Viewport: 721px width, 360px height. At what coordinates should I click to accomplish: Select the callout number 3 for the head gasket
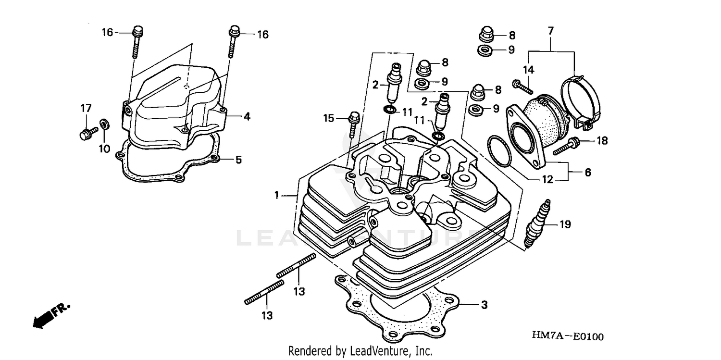tap(485, 305)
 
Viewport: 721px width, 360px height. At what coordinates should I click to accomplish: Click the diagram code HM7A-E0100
tap(567, 336)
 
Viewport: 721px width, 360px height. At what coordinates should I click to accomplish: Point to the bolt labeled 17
tap(86, 132)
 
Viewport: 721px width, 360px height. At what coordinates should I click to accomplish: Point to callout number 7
tap(550, 31)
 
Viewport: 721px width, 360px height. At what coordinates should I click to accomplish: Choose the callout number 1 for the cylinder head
tap(277, 195)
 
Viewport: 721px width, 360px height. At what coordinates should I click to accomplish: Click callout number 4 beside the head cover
tap(247, 116)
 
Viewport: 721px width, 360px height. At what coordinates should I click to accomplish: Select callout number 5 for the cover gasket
tap(238, 159)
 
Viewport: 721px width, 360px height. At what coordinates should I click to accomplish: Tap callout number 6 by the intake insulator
tap(587, 172)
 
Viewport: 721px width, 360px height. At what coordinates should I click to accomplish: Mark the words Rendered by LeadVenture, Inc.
tap(360, 351)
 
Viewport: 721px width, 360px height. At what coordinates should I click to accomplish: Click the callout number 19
tap(565, 224)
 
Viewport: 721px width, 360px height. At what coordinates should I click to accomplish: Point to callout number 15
tap(328, 118)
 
